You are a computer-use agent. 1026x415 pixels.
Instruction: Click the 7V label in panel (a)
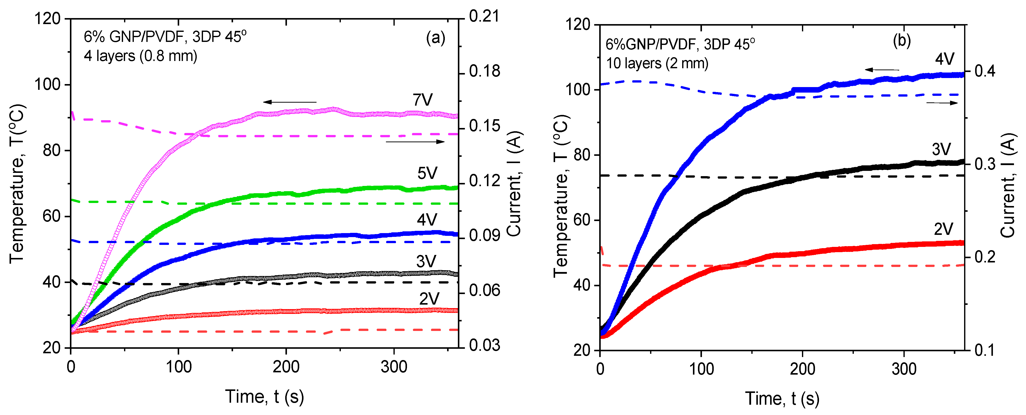click(x=423, y=100)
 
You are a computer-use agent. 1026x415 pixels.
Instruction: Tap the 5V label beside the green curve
click(x=427, y=173)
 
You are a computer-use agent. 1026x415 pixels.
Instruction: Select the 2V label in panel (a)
click(x=429, y=299)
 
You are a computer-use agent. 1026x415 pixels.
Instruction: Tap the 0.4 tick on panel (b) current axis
click(x=985, y=71)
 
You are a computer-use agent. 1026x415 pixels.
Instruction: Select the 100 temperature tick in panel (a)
click(x=47, y=85)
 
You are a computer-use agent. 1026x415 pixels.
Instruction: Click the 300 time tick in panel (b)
click(x=904, y=369)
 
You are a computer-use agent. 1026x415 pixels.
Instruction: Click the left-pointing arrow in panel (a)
click(x=289, y=102)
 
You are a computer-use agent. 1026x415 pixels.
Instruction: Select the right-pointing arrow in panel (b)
click(x=942, y=103)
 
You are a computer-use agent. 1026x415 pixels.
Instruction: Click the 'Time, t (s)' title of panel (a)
click(x=264, y=397)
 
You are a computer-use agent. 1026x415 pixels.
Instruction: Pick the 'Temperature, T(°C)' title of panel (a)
click(x=17, y=183)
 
